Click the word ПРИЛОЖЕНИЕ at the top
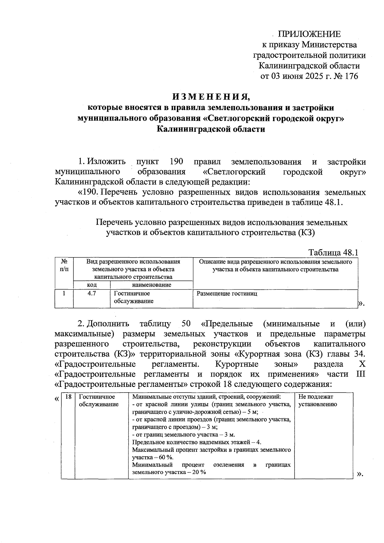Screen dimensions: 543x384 tap(309, 34)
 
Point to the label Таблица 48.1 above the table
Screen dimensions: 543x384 tap(333, 252)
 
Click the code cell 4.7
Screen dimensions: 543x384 tap(92, 293)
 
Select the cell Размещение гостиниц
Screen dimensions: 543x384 tap(227, 293)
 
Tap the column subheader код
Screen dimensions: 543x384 tap(92, 285)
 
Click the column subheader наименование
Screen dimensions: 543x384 tap(151, 285)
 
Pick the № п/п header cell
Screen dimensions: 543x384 tap(64, 266)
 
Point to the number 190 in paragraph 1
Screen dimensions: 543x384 tap(176, 161)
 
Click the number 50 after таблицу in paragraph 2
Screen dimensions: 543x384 tap(186, 323)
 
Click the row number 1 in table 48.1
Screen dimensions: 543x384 tap(64, 293)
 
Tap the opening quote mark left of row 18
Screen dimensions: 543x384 tap(57, 399)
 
